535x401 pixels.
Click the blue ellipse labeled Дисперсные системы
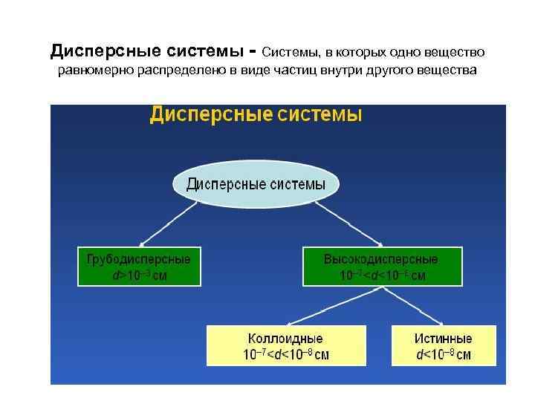click(256, 184)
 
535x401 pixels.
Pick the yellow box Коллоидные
click(286, 345)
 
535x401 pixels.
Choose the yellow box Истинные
click(444, 345)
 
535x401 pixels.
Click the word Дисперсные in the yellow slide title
click(210, 115)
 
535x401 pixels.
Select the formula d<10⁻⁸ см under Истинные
click(444, 354)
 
